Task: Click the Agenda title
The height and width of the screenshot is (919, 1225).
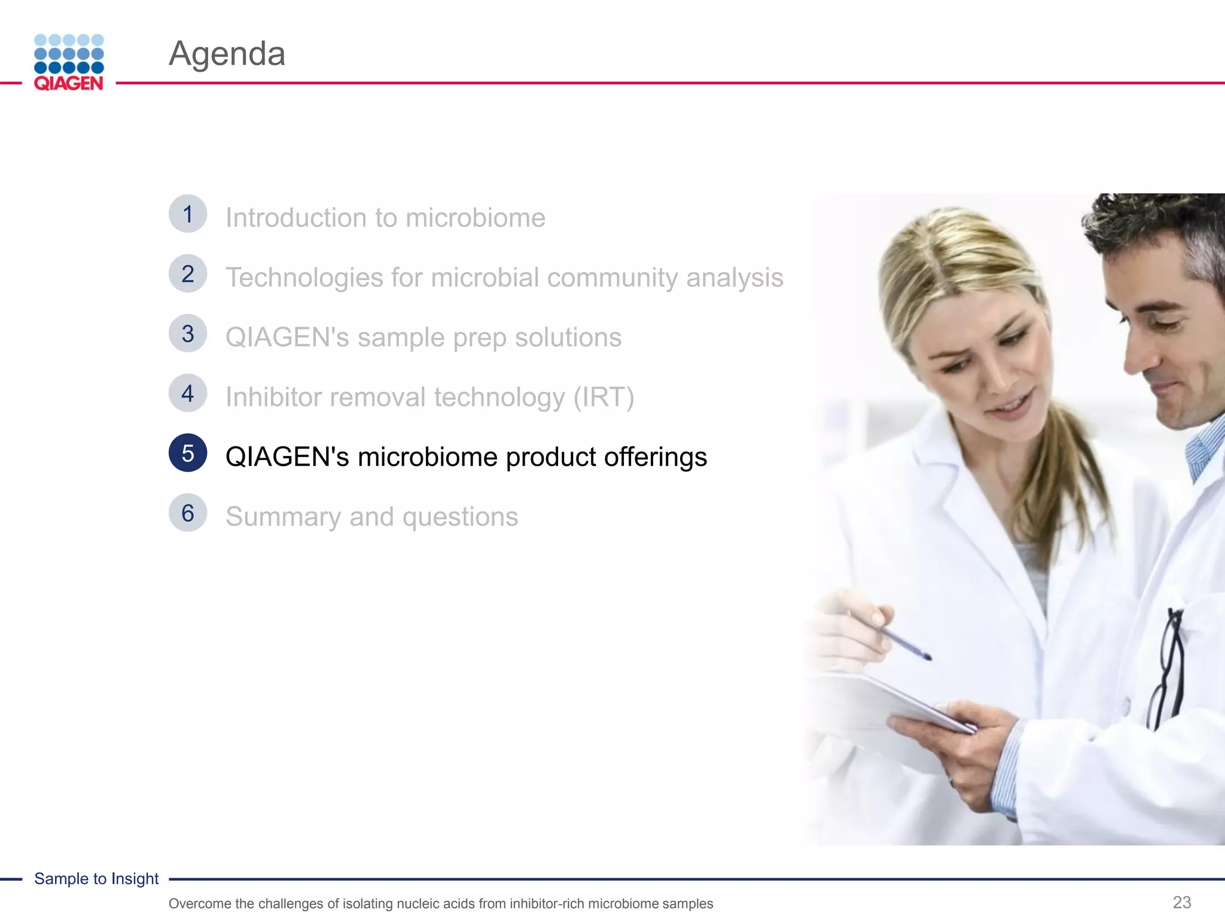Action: (227, 54)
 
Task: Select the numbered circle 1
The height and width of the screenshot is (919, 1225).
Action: (188, 214)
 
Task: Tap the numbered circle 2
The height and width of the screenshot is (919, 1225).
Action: (188, 274)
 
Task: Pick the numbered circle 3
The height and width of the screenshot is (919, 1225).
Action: (188, 334)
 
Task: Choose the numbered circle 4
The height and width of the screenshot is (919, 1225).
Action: (188, 394)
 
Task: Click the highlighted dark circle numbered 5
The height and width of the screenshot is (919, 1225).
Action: (188, 453)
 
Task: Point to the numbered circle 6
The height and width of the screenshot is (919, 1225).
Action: (188, 513)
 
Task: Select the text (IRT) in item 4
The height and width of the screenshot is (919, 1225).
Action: (604, 397)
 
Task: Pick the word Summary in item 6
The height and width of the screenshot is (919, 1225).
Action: (284, 517)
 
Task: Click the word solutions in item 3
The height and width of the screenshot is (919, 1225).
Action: (568, 337)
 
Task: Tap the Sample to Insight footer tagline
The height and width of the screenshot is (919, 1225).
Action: (96, 878)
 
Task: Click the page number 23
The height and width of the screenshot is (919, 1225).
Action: (1182, 902)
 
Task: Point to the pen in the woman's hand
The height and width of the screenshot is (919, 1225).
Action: (897, 637)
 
